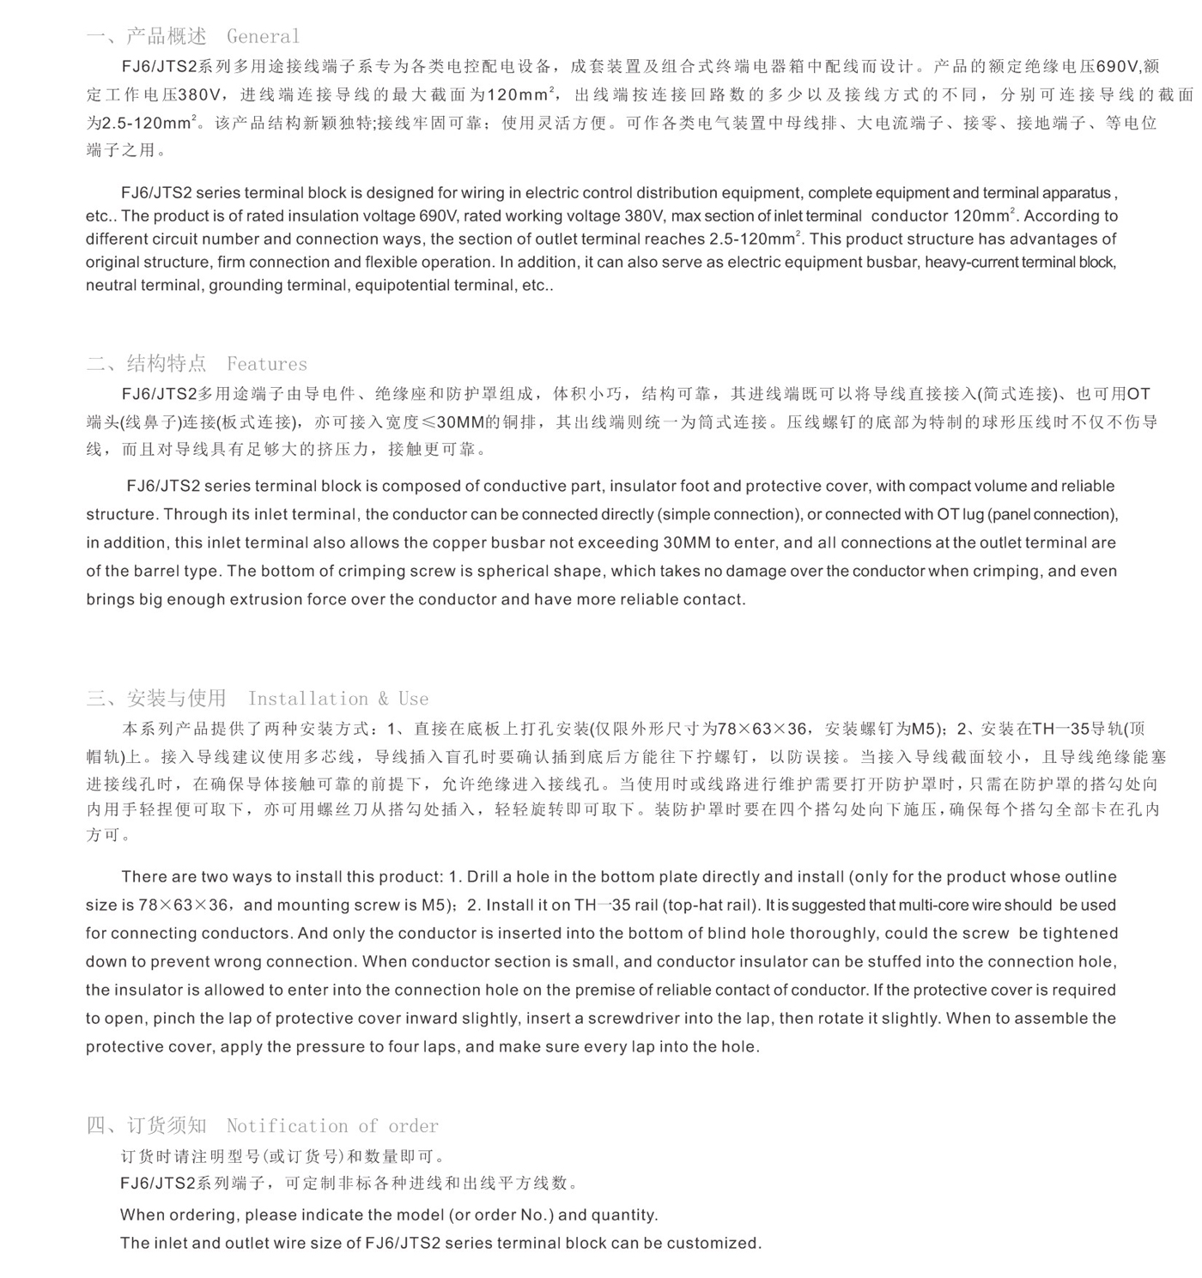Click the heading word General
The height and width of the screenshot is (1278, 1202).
tap(263, 36)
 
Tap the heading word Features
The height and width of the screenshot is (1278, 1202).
tap(266, 364)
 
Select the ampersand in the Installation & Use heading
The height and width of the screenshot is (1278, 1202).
tap(382, 699)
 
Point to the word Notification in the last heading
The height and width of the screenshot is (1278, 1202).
tap(287, 1125)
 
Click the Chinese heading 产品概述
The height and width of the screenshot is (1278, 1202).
tap(167, 36)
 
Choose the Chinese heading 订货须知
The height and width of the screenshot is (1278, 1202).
tap(167, 1125)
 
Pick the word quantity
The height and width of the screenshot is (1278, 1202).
tap(623, 1214)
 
